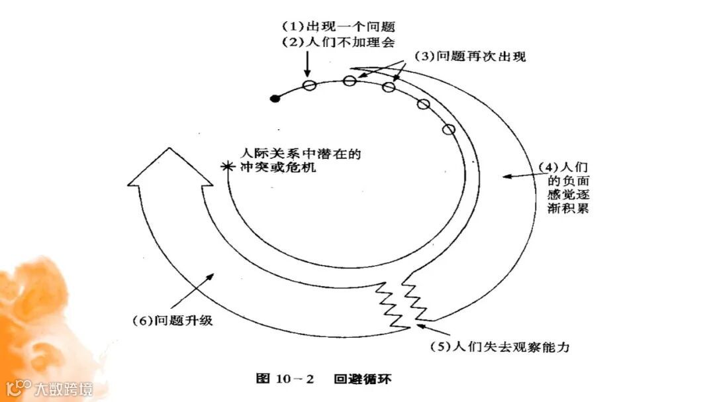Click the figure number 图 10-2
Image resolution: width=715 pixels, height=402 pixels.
[285, 379]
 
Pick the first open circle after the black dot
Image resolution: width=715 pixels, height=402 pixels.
[309, 85]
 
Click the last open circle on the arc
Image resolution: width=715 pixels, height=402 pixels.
[449, 130]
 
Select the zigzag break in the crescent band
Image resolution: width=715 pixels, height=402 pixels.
[404, 301]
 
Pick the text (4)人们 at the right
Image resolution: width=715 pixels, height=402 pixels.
[561, 166]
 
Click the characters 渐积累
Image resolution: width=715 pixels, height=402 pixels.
[560, 208]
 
